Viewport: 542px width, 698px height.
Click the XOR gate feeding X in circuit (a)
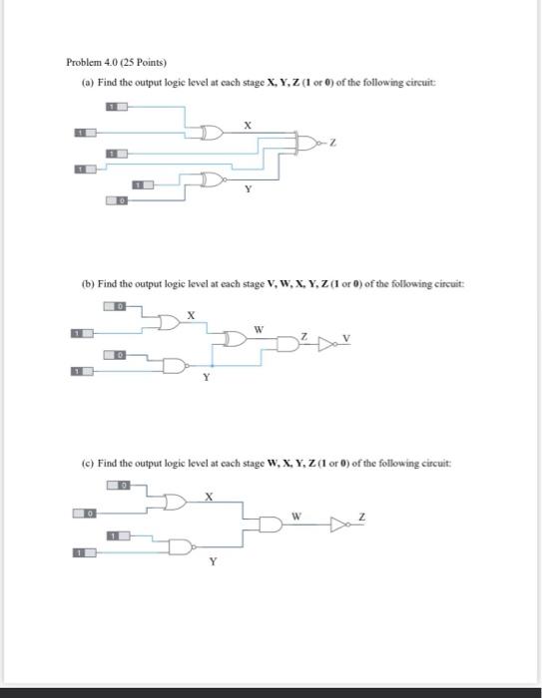(x=211, y=132)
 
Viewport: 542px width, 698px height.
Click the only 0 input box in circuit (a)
(x=118, y=200)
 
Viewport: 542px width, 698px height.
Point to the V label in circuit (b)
(x=347, y=337)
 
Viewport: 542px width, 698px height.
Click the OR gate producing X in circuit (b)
(x=169, y=322)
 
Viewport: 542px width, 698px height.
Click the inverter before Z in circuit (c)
(x=339, y=523)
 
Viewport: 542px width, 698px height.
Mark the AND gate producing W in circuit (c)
(x=271, y=523)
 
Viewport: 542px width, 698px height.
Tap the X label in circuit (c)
(x=209, y=496)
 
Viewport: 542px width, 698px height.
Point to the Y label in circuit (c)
(x=211, y=561)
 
